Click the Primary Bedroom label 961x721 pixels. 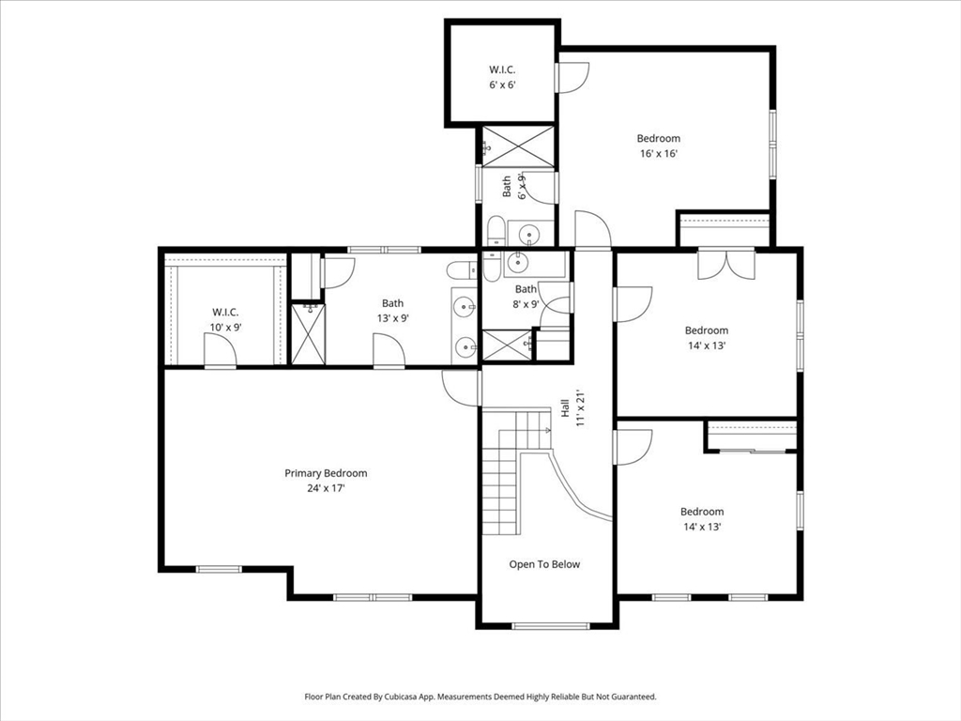[x=326, y=473]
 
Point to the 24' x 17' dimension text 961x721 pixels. [x=326, y=488]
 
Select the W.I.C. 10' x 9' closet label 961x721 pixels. [x=225, y=320]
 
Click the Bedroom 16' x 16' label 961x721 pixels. [x=658, y=146]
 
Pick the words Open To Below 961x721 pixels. [x=544, y=564]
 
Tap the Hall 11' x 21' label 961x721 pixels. [x=572, y=408]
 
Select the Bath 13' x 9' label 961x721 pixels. [x=392, y=311]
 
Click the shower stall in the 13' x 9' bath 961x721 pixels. [x=307, y=332]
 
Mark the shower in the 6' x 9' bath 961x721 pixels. [x=517, y=147]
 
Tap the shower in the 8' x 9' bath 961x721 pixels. [x=506, y=345]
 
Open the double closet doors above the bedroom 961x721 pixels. [x=725, y=263]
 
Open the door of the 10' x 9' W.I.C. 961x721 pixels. [x=220, y=354]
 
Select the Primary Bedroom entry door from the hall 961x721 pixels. [x=461, y=386]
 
